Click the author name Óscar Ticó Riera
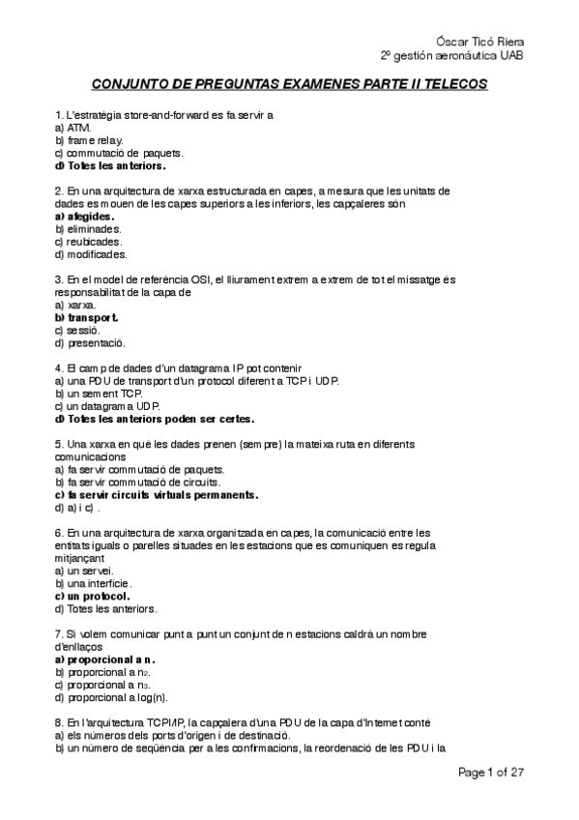point(479,41)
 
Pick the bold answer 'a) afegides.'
point(84,217)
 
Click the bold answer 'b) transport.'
point(87,317)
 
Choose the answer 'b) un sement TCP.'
point(100,394)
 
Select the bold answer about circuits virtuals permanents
point(157,494)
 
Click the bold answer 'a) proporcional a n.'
point(101,659)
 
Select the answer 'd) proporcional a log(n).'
point(111,697)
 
